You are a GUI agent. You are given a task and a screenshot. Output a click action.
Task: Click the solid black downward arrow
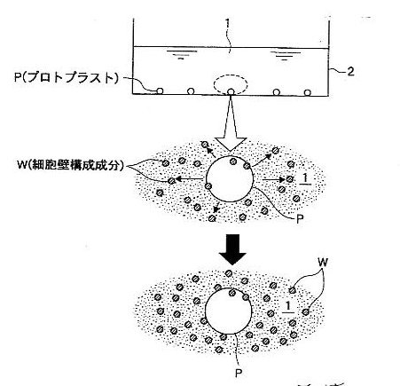coord(232,249)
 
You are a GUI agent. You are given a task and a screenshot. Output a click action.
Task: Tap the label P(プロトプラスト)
coord(67,77)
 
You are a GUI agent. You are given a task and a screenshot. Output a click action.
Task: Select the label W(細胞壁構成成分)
coord(70,165)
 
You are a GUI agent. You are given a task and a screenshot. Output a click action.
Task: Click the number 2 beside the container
coord(350,72)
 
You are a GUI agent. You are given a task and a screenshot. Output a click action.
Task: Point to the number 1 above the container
coord(227,24)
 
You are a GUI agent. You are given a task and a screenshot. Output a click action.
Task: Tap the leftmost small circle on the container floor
coord(160,91)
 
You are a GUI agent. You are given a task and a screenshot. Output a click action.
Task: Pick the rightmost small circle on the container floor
coord(308,92)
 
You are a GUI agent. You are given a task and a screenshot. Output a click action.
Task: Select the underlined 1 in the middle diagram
coord(305,179)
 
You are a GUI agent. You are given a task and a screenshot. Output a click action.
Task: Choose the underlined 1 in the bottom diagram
coord(287,307)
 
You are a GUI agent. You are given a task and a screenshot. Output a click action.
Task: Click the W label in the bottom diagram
coord(323,262)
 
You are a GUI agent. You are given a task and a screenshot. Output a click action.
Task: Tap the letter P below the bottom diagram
coord(239,373)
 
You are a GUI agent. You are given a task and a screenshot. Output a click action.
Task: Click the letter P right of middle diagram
coord(300,219)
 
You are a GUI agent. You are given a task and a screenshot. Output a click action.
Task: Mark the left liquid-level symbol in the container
coord(181,55)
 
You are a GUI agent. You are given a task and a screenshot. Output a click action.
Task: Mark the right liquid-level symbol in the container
coord(285,55)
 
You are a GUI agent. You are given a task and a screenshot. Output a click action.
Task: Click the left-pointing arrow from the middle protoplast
coord(190,178)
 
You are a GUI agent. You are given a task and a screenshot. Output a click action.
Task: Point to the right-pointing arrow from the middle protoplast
coord(273,179)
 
